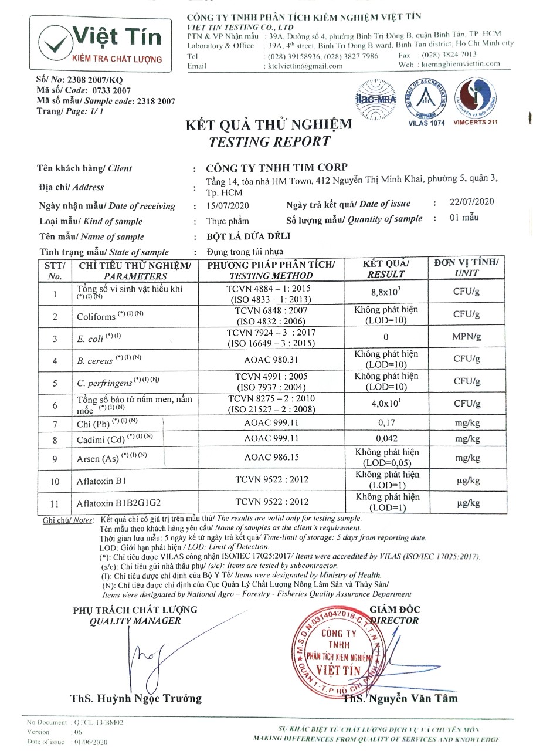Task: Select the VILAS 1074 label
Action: [426, 123]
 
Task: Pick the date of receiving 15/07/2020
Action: [228, 205]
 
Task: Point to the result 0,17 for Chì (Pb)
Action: [386, 423]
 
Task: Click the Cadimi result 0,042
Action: [386, 438]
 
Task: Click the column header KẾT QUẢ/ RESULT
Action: [386, 269]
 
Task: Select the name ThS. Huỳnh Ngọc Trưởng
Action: [135, 698]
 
